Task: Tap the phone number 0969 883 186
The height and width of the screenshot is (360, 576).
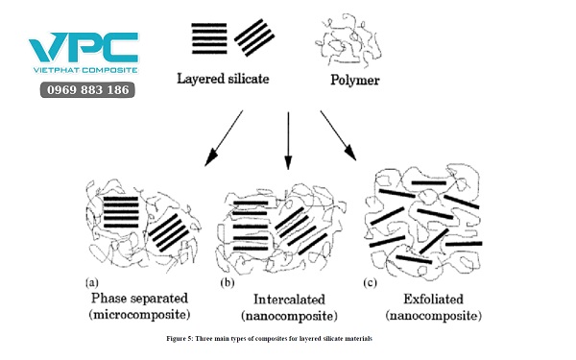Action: click(x=87, y=89)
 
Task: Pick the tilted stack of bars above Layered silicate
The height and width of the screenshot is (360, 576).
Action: click(x=254, y=37)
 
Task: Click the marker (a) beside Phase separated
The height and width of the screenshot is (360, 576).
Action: click(x=92, y=283)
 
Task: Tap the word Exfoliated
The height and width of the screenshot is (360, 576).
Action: click(x=431, y=299)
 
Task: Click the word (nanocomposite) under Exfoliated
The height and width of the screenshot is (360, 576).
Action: click(x=433, y=315)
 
